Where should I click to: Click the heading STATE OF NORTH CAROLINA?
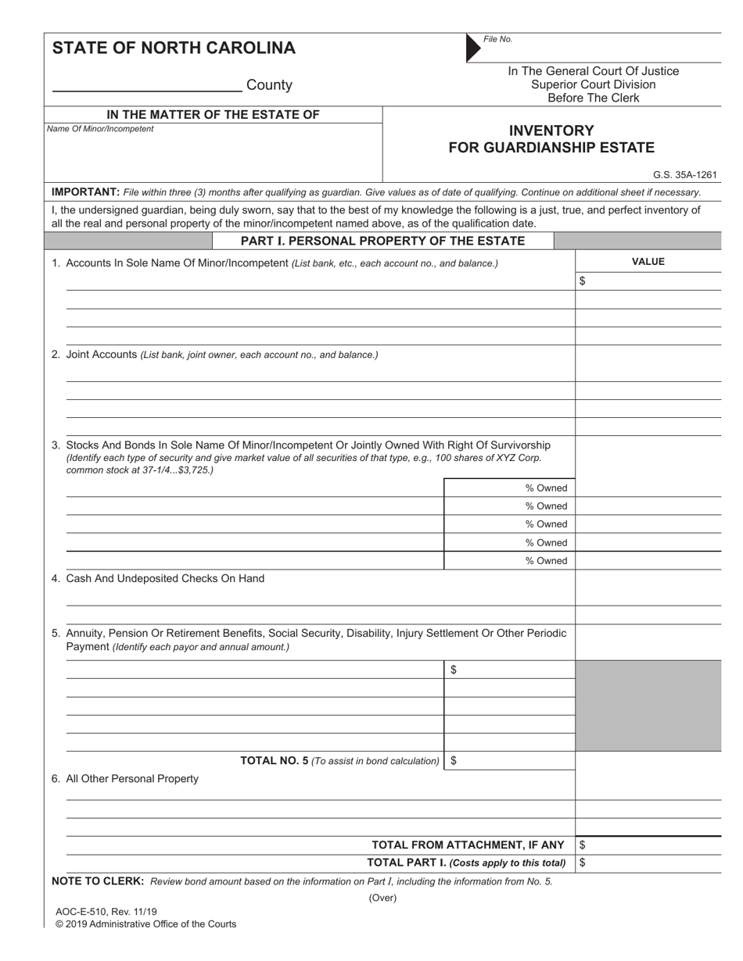point(174,48)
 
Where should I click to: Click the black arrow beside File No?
point(473,48)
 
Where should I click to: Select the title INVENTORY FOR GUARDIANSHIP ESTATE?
point(551,139)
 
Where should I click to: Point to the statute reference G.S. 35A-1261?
point(684,176)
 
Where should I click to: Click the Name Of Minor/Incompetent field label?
point(100,129)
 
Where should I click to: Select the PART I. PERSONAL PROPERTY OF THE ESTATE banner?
point(382,241)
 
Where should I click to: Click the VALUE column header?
point(648,262)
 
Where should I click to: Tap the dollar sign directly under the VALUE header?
point(582,281)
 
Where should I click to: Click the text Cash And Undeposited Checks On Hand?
point(165,579)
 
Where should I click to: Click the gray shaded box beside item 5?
point(648,706)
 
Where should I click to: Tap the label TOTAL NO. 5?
point(274,761)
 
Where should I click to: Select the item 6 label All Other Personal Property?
point(132,779)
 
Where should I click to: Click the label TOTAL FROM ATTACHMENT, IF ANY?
point(468,845)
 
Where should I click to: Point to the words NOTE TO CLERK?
point(97,881)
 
